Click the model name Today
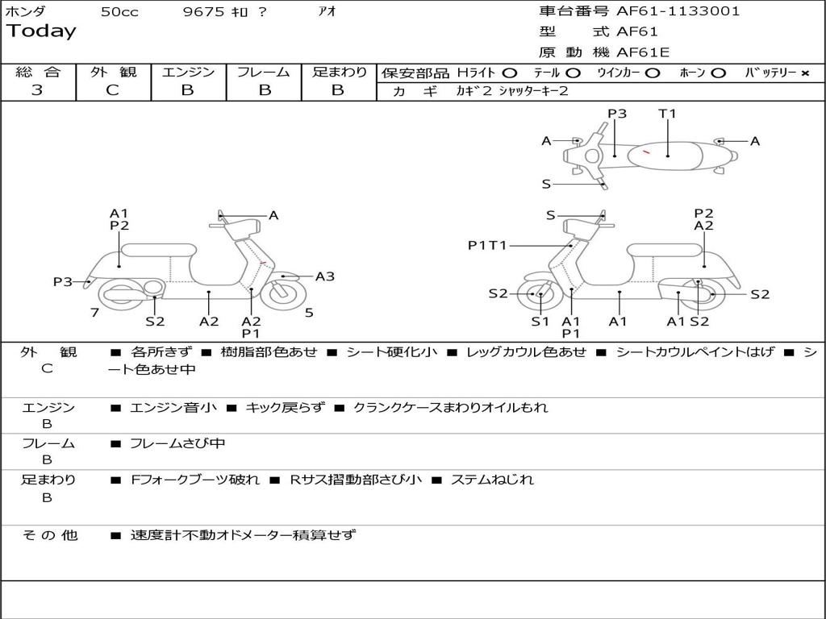(41, 31)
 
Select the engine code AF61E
(643, 53)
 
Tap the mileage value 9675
(203, 12)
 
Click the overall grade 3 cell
(37, 90)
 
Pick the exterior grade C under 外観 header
(112, 90)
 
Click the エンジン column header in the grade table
(188, 72)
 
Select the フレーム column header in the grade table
(263, 72)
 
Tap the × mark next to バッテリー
(805, 73)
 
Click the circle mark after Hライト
(509, 73)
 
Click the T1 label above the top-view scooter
(667, 114)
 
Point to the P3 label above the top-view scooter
(617, 114)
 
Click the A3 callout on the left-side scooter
(324, 276)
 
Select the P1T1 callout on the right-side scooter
(487, 245)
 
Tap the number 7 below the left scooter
(95, 313)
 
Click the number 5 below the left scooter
(309, 313)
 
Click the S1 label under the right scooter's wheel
(540, 322)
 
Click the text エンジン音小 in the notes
(173, 408)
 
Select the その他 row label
(49, 534)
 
